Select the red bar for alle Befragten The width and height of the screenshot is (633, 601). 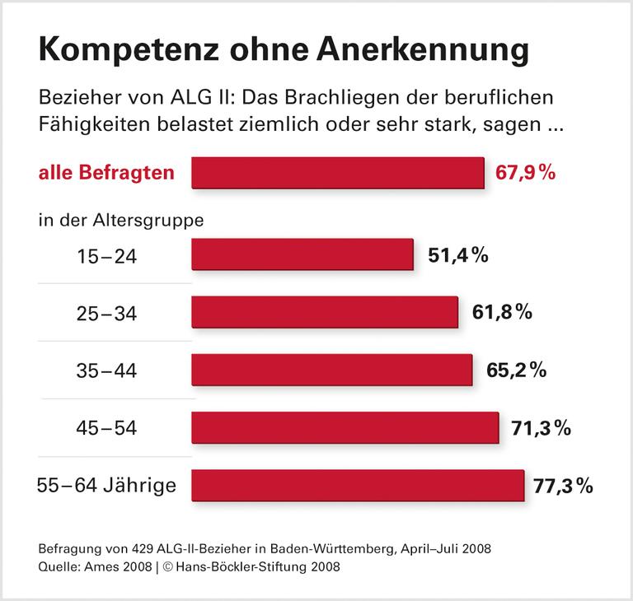[337, 173]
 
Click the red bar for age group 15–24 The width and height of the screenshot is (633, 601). [302, 255]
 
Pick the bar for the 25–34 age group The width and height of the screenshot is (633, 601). [325, 313]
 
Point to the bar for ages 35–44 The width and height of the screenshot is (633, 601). [331, 370]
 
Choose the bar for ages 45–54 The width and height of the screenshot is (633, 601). [345, 427]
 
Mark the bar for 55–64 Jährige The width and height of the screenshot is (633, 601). [358, 485]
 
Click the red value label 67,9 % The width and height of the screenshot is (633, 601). [525, 173]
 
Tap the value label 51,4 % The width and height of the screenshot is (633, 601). [458, 255]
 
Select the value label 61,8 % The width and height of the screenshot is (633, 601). [502, 313]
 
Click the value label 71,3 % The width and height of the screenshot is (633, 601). [542, 427]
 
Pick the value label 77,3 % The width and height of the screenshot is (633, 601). [564, 485]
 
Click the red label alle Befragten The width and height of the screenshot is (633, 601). [106, 173]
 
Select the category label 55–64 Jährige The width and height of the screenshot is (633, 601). [106, 485]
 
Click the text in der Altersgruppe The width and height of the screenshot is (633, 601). [120, 220]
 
